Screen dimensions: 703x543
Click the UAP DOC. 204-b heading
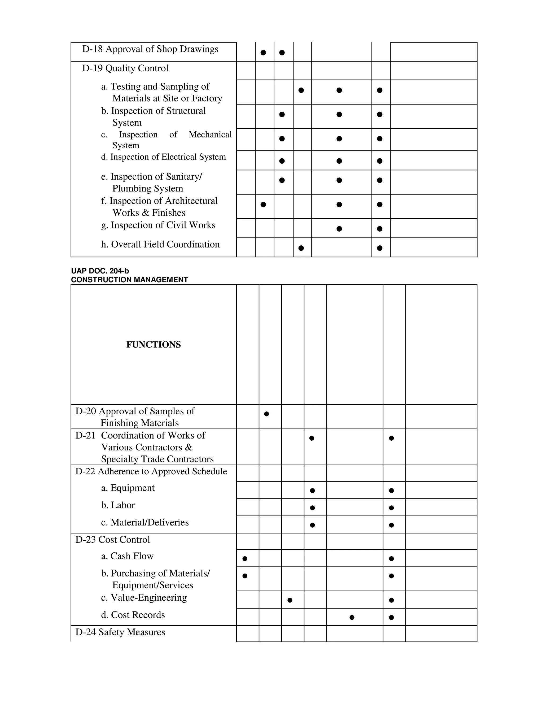coord(100,271)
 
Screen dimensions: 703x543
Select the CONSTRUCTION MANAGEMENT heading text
coord(129,280)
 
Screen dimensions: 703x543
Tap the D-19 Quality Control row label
coord(125,68)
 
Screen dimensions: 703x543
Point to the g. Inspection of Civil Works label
coord(158,225)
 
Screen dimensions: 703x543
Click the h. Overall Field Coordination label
coord(160,244)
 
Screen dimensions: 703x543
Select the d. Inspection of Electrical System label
coord(163,157)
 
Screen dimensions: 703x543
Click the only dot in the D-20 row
coord(266,414)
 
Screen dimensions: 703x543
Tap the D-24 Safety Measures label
coord(120,632)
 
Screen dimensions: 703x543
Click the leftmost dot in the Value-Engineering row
coord(290,600)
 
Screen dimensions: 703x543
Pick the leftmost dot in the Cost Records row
coord(352,617)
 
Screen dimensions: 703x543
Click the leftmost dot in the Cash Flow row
coord(245,558)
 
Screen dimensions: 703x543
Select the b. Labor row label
coord(118,505)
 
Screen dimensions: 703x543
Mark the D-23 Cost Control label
coord(113,540)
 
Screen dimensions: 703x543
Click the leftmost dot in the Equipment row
coord(312,491)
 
